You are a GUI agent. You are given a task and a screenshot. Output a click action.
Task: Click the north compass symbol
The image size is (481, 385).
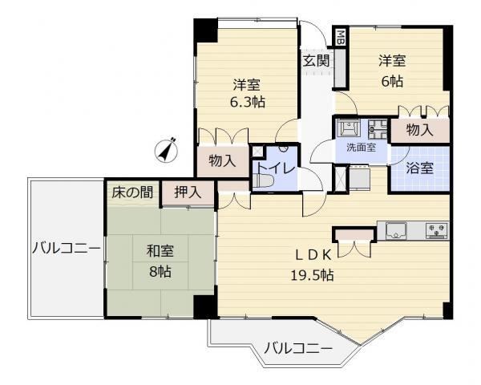(x=166, y=150)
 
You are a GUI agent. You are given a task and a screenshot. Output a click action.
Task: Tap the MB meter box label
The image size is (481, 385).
(x=341, y=37)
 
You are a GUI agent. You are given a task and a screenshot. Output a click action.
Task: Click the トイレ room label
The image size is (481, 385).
(x=276, y=168)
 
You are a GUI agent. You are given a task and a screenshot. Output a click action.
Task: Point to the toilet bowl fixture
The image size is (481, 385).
(x=263, y=180)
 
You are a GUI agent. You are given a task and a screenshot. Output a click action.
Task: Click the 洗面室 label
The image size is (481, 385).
(x=361, y=148)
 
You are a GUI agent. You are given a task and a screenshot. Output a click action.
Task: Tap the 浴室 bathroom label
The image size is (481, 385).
(x=419, y=168)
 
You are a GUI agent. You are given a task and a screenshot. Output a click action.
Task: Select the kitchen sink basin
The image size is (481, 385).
(x=396, y=230)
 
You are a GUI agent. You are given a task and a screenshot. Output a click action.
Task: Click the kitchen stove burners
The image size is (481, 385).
(x=437, y=230)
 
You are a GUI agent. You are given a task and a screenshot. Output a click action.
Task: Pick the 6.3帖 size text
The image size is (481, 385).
(x=248, y=102)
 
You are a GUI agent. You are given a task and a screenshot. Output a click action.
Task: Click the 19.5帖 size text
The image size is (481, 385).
(x=313, y=275)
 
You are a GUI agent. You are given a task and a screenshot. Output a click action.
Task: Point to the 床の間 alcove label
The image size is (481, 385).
(x=132, y=192)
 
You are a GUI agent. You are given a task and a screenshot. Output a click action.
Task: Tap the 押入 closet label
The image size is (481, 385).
(x=188, y=192)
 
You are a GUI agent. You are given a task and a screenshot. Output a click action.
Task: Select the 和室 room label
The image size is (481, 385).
(x=160, y=251)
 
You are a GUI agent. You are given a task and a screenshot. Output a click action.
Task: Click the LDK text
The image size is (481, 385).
(x=313, y=255)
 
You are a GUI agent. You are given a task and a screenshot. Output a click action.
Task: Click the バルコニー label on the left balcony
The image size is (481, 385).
(x=67, y=248)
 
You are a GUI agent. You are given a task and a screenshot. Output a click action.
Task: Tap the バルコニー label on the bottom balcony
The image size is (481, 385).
(x=298, y=348)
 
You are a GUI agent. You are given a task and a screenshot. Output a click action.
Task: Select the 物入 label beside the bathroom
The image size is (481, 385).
(x=419, y=130)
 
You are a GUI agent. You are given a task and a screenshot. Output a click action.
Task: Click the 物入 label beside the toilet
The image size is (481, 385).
(x=222, y=160)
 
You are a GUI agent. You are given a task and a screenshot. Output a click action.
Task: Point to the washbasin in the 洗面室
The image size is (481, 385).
(x=348, y=127)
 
